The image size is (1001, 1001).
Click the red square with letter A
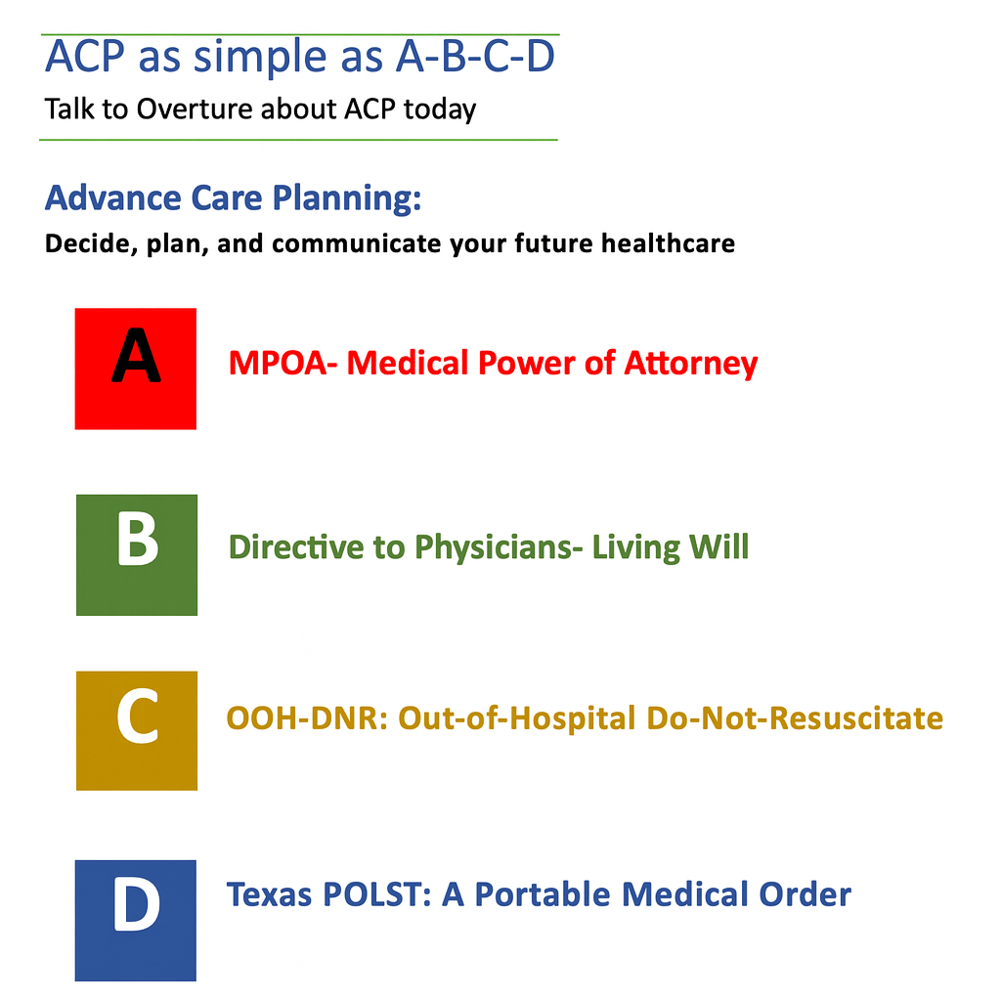click(x=135, y=369)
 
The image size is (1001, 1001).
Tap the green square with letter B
click(x=137, y=554)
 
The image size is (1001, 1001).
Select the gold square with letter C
click(x=137, y=730)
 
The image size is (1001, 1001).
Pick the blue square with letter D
click(x=136, y=920)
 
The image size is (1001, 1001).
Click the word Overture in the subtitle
click(x=195, y=108)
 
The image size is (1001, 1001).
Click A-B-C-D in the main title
click(x=475, y=58)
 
